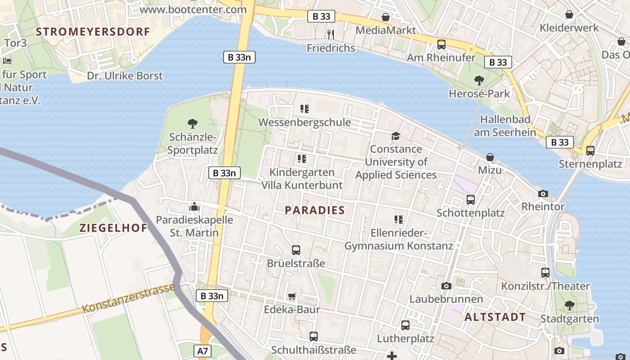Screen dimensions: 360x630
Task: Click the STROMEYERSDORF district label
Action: (93, 31)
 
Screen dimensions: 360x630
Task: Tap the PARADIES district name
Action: (315, 210)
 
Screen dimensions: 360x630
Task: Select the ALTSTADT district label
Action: (495, 317)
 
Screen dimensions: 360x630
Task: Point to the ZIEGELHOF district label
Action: (113, 228)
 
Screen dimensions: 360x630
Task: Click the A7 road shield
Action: (203, 351)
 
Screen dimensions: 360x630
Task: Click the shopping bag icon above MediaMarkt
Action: (386, 17)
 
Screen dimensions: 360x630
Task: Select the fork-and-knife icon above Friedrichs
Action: (331, 34)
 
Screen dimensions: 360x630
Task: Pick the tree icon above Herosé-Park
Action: (479, 81)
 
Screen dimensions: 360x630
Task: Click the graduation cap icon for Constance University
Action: (396, 136)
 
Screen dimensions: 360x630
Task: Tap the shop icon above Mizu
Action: (490, 157)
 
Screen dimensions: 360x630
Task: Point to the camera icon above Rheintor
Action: (543, 193)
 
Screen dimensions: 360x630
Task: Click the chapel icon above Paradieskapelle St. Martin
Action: (194, 207)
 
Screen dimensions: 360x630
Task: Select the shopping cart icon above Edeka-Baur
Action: (292, 296)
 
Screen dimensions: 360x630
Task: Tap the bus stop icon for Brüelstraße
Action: (296, 250)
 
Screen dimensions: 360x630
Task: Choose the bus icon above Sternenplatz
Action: (590, 150)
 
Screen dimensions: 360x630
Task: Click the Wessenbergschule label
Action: (305, 122)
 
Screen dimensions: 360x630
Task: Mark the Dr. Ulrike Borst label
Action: (125, 76)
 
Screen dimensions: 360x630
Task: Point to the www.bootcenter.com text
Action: (193, 9)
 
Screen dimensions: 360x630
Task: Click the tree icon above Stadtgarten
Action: (570, 306)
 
